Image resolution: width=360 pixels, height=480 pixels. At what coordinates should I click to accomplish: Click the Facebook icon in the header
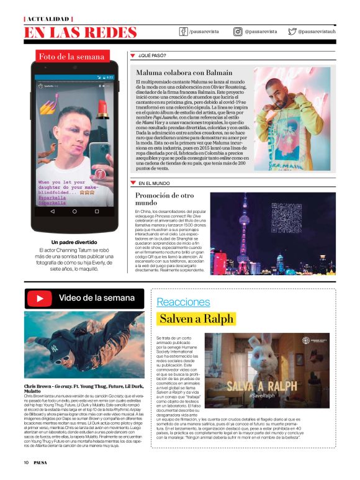[x=183, y=31]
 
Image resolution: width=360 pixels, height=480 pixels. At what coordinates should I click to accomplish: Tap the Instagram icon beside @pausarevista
[x=238, y=31]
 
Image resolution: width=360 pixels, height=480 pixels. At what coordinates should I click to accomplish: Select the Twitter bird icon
[x=292, y=31]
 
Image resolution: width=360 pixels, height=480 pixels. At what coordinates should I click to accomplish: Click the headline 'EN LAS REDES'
[x=81, y=32]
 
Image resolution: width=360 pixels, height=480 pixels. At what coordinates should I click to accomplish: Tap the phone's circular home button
[x=74, y=211]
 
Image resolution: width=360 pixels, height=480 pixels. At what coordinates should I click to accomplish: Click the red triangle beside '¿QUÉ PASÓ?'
[x=132, y=55]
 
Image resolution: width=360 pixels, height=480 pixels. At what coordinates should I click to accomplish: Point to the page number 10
[x=27, y=462]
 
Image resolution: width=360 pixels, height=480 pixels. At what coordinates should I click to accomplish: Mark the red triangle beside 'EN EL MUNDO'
[x=132, y=183]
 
